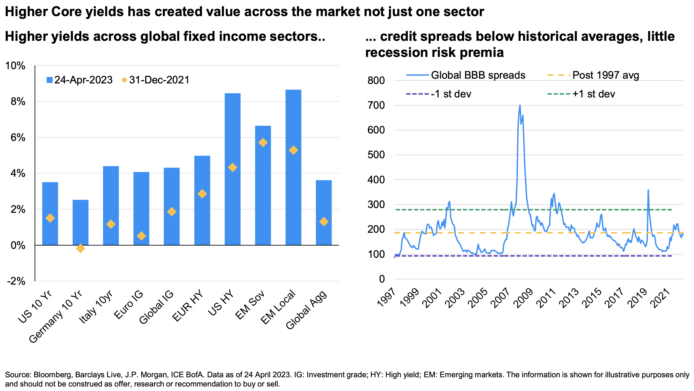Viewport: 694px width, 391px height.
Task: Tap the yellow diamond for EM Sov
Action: coord(263,142)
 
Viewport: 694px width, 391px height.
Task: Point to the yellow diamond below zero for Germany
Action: coord(80,248)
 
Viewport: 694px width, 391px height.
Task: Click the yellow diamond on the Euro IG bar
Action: coord(141,236)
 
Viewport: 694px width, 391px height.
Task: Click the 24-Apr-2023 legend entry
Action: coord(80,80)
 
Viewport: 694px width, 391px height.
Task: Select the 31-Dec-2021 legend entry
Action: coord(155,80)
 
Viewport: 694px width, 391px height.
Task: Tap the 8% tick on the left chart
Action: coord(18,102)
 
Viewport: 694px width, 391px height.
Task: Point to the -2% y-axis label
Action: coord(17,281)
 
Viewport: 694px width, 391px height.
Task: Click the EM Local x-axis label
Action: coord(278,307)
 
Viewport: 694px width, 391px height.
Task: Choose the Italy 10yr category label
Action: coord(96,307)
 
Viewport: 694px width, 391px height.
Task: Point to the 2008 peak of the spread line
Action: coord(520,105)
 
